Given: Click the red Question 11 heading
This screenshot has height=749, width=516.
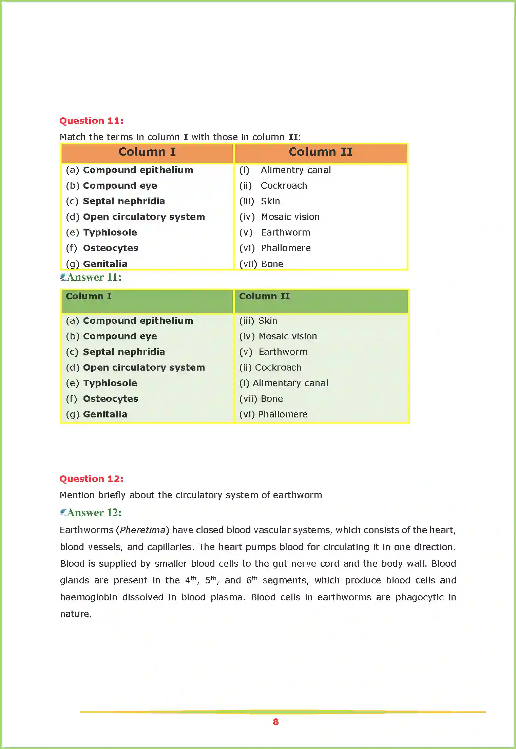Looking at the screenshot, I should pyautogui.click(x=91, y=121).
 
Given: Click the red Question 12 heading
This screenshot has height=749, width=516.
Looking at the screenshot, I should pyautogui.click(x=91, y=479).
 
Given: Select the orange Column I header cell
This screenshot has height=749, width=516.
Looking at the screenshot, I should pyautogui.click(x=147, y=152).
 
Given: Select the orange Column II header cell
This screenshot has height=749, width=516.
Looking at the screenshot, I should pyautogui.click(x=321, y=152).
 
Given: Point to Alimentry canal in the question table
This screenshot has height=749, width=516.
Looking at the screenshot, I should pyautogui.click(x=295, y=170).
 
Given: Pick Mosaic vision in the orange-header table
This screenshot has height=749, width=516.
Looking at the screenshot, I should pyautogui.click(x=290, y=217).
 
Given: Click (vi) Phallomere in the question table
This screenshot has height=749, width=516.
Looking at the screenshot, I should pyautogui.click(x=275, y=248).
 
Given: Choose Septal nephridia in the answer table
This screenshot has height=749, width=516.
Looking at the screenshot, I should pyautogui.click(x=124, y=352).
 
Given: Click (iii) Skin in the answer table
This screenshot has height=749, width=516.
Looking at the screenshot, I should pyautogui.click(x=258, y=321).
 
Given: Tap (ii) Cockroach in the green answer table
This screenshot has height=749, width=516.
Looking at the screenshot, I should pyautogui.click(x=270, y=368).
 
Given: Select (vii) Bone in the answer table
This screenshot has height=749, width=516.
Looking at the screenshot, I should pyautogui.click(x=261, y=399).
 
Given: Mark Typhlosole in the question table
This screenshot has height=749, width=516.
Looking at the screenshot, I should pyautogui.click(x=110, y=232).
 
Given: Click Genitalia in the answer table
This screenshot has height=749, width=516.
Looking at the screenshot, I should pyautogui.click(x=105, y=414).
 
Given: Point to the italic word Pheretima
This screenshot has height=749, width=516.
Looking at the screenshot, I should pyautogui.click(x=142, y=530).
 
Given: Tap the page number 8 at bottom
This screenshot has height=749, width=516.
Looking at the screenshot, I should pyautogui.click(x=275, y=722).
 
